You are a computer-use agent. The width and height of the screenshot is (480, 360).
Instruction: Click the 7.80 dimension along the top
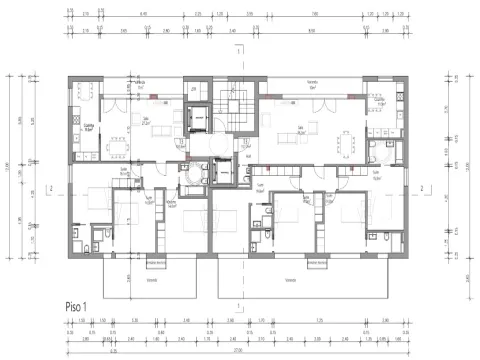point(313,15)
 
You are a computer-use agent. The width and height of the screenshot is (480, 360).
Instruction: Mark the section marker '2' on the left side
point(49,186)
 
